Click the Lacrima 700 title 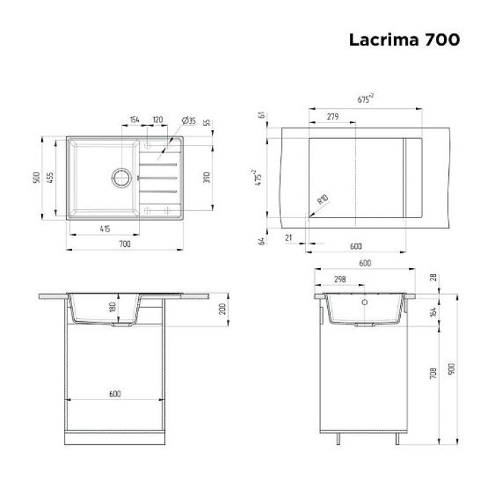tap(404, 40)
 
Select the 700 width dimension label tap(124, 243)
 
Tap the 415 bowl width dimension tap(104, 228)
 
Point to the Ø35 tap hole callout tap(189, 120)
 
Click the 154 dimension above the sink tap(135, 120)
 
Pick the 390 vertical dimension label tap(206, 177)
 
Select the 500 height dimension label tap(36, 178)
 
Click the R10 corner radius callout tap(322, 199)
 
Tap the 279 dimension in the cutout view tap(333, 116)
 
